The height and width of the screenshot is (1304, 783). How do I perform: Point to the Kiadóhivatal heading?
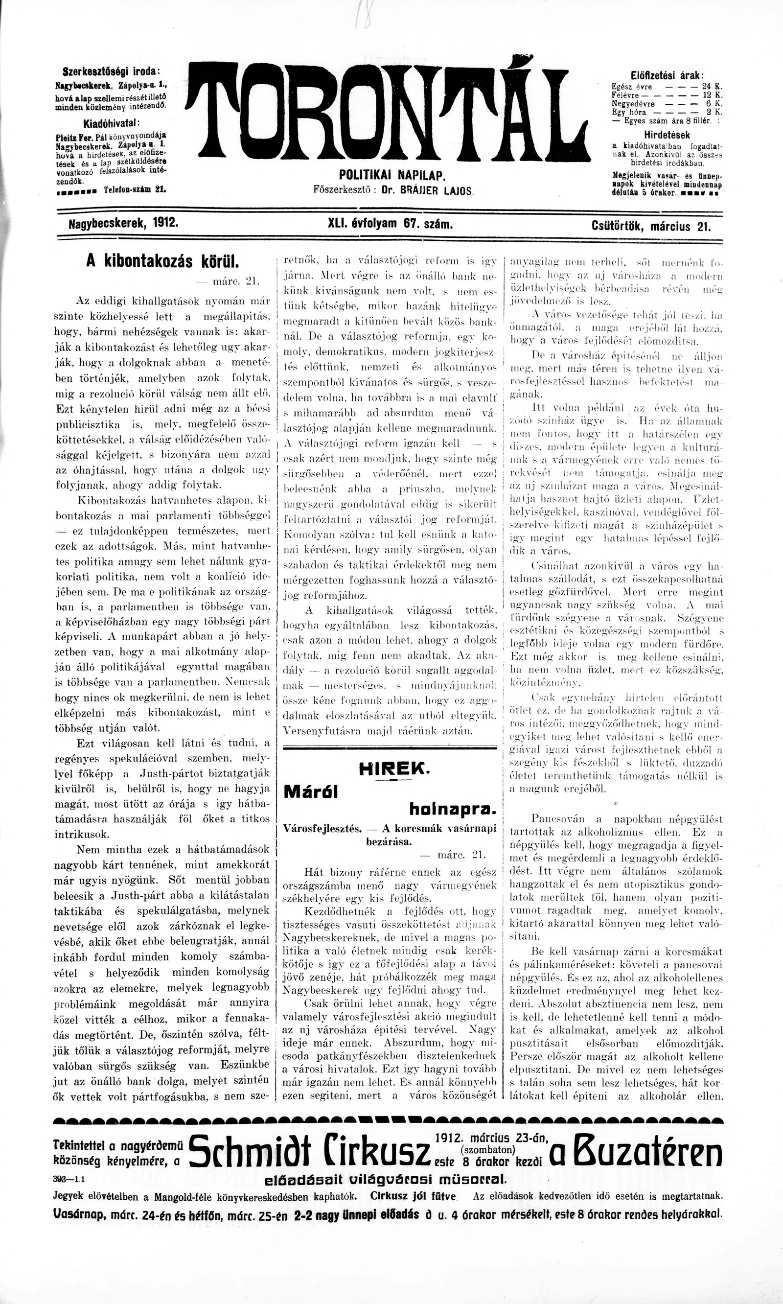point(111,124)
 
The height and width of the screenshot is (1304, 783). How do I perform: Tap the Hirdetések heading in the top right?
point(667,135)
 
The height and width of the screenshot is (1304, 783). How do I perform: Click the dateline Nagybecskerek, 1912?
point(123,223)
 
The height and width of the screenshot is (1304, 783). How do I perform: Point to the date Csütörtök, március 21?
point(651,227)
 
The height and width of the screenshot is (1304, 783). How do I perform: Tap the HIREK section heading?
point(391,769)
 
